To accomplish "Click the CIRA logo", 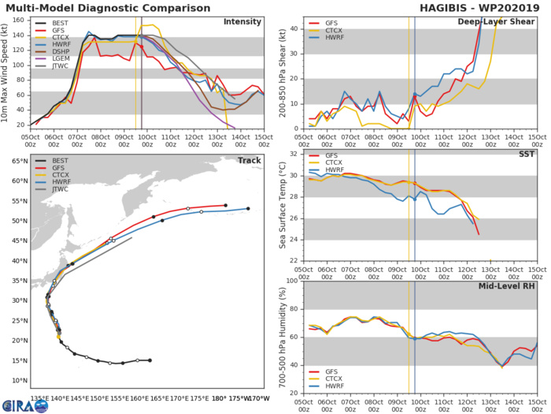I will pyautogui.click(x=15, y=406).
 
